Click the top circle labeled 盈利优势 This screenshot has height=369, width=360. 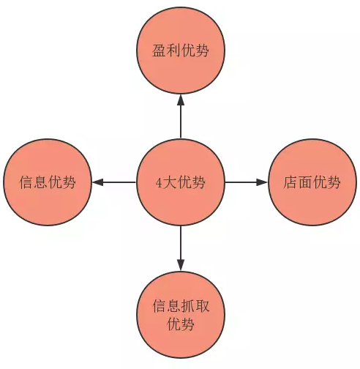coord(181,51)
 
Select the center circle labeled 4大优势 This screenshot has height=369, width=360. coord(181,182)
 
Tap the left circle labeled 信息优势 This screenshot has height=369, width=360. coord(48,182)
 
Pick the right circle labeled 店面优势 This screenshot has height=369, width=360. coord(312,182)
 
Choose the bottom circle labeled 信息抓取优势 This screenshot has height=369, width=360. coord(181,314)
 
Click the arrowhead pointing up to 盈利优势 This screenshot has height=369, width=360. coord(181,100)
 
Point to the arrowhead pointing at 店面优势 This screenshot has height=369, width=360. coord(262,182)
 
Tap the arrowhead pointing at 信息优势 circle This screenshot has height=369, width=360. coord(98,182)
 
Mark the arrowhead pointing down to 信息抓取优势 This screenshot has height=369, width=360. coord(181,265)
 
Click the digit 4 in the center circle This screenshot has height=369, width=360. coord(159,183)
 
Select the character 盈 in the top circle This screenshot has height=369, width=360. coord(159,51)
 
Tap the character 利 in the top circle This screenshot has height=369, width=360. coord(173,51)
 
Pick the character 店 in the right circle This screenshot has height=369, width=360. coord(290,182)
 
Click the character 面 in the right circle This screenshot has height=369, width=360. coord(305,182)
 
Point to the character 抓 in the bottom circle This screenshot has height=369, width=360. coord(188,306)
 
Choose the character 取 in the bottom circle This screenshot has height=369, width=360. coord(203,306)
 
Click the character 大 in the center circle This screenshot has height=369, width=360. coord(170,182)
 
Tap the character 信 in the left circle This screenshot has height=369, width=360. coord(26,182)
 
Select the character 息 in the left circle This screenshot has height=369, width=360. coord(41,182)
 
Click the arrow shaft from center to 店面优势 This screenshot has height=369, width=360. coord(241,182)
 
